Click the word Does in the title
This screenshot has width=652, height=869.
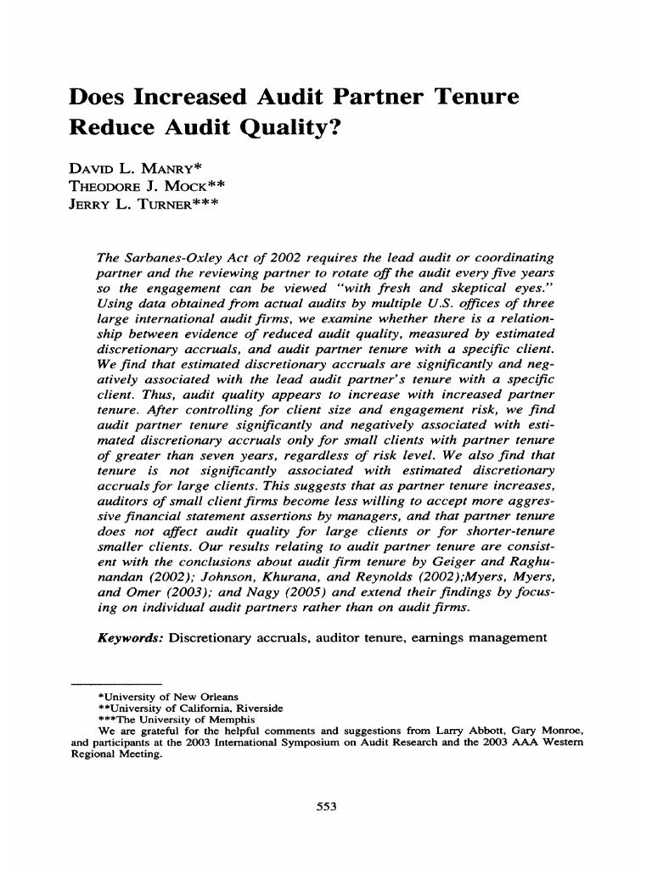click(x=96, y=98)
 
